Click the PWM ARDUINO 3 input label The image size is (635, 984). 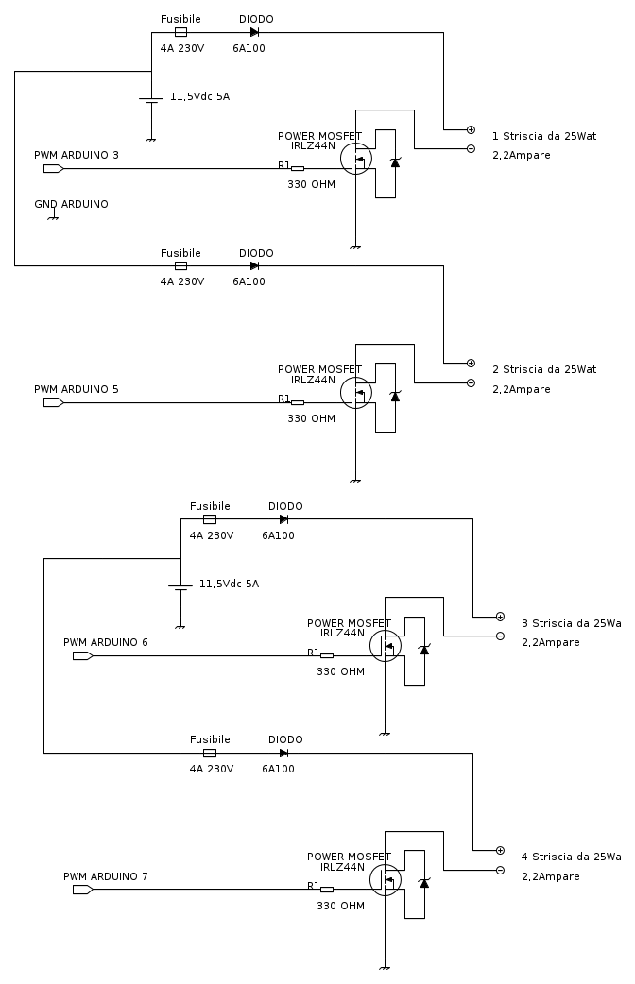coord(77,155)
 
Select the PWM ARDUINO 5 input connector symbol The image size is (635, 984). coord(53,402)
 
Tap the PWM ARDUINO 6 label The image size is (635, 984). coord(106,642)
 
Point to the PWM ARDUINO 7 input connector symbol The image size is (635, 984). coord(82,889)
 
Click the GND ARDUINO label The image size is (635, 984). coord(71,204)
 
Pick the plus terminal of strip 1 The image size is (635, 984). coord(471,129)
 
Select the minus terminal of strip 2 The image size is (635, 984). coord(471,382)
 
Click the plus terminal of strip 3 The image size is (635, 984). coord(500,616)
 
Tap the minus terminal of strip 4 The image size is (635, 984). coord(500,870)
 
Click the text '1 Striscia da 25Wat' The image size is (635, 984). coord(543,136)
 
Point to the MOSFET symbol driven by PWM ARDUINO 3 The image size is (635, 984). coord(356,159)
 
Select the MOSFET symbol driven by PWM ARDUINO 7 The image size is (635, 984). coord(386,879)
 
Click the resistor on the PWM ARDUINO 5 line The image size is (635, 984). coord(297,403)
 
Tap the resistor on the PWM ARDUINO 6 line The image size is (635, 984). coord(326,655)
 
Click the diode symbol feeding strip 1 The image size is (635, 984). coord(254,32)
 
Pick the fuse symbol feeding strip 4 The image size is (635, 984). coord(210,753)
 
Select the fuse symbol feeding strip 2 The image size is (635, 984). coord(180,266)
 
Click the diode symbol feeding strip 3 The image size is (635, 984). coord(283,519)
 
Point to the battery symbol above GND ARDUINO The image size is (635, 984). coord(151,99)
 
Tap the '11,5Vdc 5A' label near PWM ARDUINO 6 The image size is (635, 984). coord(229,584)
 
